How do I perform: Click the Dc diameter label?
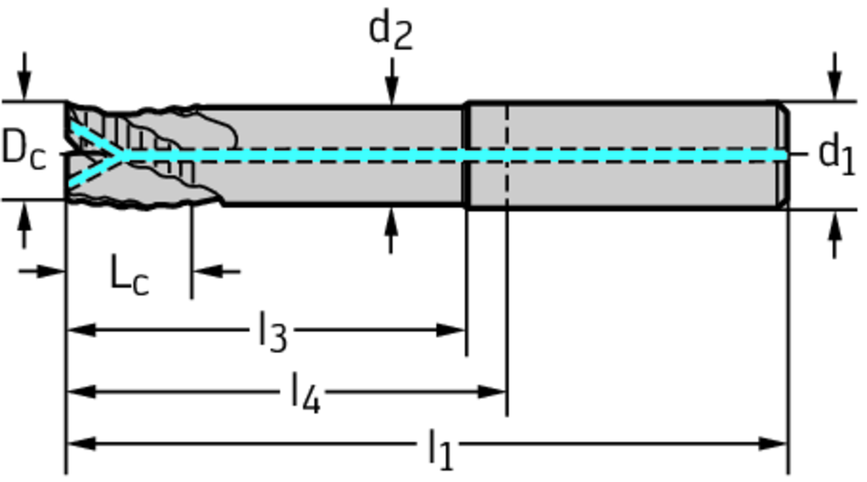23,149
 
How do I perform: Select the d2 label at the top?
390,31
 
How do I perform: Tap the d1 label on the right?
837,153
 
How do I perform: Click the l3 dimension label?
273,331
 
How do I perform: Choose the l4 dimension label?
305,392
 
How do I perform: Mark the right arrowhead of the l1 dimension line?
774,443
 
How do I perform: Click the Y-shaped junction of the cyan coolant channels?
124,155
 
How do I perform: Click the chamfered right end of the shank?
784,154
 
